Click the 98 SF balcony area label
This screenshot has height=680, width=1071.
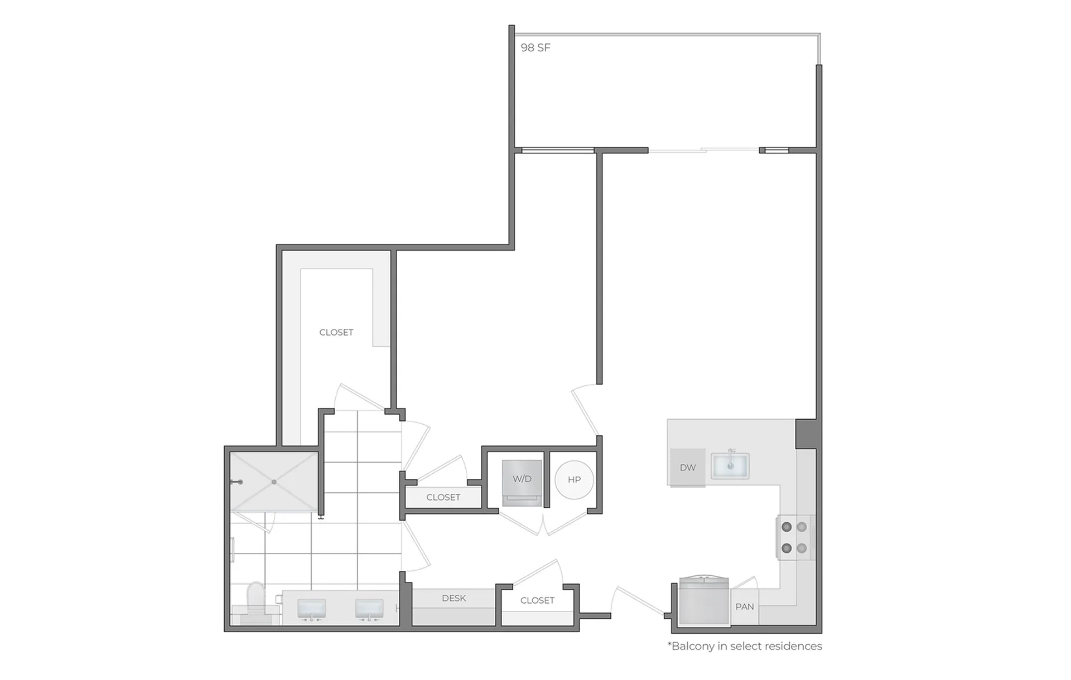click(535, 48)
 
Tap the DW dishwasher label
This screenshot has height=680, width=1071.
click(688, 468)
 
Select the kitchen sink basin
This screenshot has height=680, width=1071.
click(730, 465)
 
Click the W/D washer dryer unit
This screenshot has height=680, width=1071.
click(522, 483)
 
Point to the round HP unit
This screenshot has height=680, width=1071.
click(574, 479)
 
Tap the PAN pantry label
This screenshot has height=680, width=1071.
click(745, 606)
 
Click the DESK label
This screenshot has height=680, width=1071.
click(454, 598)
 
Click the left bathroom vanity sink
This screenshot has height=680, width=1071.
click(311, 609)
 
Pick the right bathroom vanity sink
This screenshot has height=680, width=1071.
click(369, 609)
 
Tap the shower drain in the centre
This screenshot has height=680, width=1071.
click(274, 482)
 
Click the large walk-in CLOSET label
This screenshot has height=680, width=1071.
click(336, 332)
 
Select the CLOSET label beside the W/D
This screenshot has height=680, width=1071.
click(443, 497)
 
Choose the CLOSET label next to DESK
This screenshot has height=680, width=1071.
click(537, 600)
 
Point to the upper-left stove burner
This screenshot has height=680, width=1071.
click(787, 527)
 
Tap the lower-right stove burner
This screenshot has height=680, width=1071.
click(802, 548)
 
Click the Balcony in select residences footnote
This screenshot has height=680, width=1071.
click(745, 646)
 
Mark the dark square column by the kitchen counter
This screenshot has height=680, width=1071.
click(806, 434)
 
